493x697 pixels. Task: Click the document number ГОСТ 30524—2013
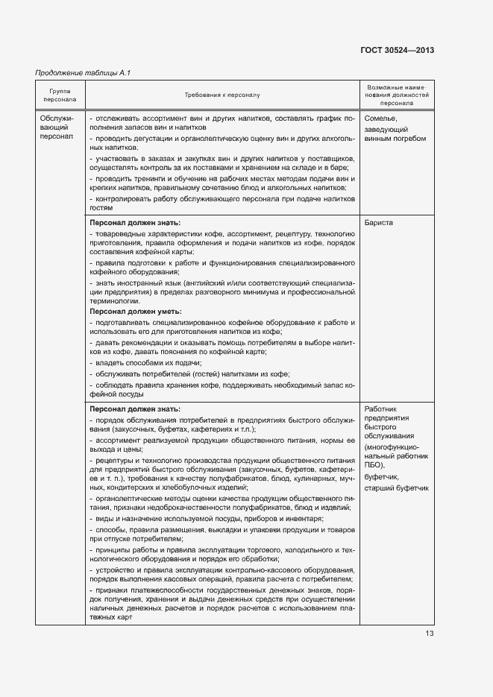[398, 50]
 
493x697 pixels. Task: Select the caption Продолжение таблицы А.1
[83, 72]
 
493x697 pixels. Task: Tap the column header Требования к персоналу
[222, 95]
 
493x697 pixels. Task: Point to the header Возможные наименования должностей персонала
[398, 95]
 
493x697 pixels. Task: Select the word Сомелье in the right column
[381, 119]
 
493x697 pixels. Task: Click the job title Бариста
[379, 223]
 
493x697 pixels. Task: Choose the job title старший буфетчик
[397, 488]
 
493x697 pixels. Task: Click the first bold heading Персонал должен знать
[135, 223]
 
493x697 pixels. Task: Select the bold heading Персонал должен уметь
[136, 311]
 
